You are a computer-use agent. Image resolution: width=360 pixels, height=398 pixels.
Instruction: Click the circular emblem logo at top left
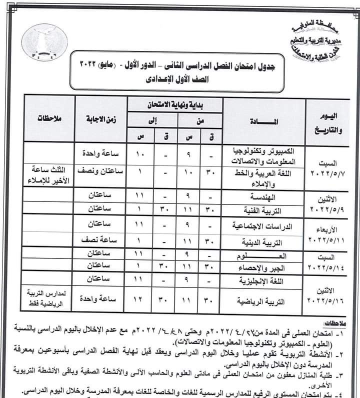(44, 42)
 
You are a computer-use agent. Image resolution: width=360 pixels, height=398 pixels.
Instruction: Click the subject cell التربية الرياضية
(262, 301)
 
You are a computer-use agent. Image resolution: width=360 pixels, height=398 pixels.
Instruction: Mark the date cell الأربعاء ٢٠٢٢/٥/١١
(327, 234)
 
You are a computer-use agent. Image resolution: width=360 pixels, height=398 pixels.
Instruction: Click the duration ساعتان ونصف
(101, 171)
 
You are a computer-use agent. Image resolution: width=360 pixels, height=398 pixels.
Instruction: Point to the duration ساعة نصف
(101, 240)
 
